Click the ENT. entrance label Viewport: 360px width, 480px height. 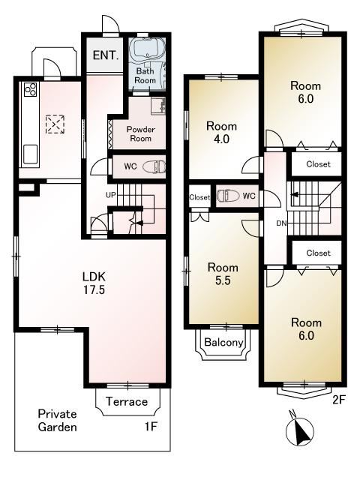click(106, 55)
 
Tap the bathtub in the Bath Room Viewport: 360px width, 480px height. click(147, 48)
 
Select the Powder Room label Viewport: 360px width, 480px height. click(141, 133)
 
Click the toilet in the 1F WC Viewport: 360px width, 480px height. click(157, 166)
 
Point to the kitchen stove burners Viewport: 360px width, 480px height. click(30, 90)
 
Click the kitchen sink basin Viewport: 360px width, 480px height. click(30, 154)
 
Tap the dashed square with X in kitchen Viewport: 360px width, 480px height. click(55, 124)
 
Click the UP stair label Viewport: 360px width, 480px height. click(111, 195)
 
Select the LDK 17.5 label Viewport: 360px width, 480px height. click(94, 283)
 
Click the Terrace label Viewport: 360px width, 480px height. click(127, 401)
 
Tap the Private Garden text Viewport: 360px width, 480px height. click(57, 420)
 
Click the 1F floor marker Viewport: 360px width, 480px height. click(151, 426)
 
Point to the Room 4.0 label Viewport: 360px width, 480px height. click(222, 133)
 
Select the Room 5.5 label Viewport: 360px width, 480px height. click(223, 274)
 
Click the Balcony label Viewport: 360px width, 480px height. click(223, 342)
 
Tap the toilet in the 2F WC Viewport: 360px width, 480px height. click(227, 196)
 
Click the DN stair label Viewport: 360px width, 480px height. click(281, 223)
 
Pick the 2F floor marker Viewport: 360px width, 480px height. click(339, 400)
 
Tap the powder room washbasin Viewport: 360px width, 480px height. click(158, 106)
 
